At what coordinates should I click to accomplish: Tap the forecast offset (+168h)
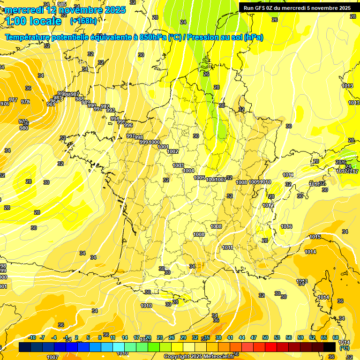coord(84,21)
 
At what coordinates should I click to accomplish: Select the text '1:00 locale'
coord(33,21)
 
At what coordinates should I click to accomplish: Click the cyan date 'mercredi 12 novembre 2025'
coord(66,9)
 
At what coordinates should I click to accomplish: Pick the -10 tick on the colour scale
coord(32,337)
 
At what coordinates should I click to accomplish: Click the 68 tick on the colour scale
coord(336,337)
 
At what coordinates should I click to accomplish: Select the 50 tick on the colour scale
coord(265,337)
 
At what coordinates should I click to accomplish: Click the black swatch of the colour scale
coord(330,346)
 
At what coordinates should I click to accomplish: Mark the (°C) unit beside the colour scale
coord(344,347)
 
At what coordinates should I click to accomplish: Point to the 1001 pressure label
coord(163,147)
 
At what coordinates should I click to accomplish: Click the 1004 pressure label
coord(188,171)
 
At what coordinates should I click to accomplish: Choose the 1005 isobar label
coord(199,178)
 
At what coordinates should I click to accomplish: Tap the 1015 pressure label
coord(315,237)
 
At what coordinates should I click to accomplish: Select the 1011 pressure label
coord(228,247)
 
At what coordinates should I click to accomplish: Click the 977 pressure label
coord(13,100)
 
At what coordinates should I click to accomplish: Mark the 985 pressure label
coord(61,4)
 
